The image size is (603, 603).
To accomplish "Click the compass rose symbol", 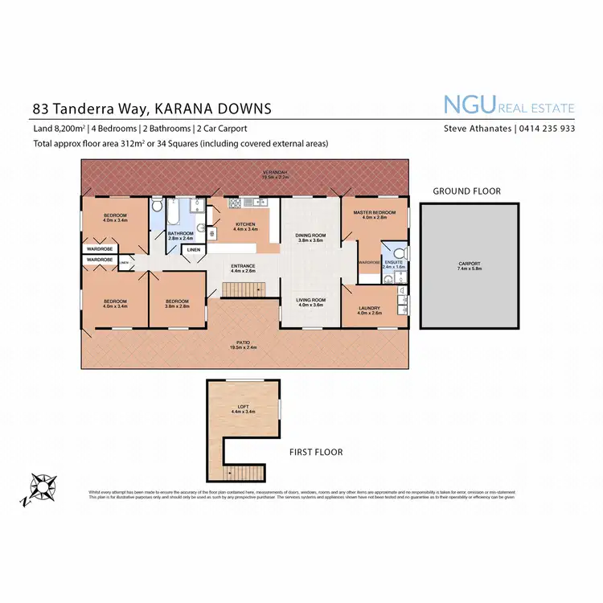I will [x=42, y=487].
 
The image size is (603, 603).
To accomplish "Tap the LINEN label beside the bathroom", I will [x=194, y=250].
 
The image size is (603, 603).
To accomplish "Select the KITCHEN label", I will [x=244, y=224].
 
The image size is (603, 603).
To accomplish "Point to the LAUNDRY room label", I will [x=370, y=309].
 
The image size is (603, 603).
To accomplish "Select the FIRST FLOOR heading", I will [x=315, y=452].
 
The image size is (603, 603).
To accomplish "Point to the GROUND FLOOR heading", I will [x=466, y=191].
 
